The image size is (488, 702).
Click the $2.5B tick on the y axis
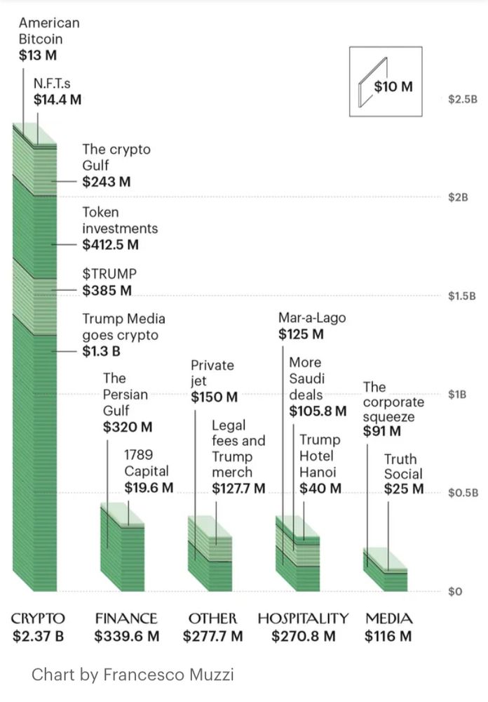[462, 99]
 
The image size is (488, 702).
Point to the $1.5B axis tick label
[462, 296]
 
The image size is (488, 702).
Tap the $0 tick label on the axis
[455, 591]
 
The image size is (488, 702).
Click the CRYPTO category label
[38, 618]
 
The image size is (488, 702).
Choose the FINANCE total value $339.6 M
[127, 637]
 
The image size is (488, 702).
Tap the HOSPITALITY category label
[303, 618]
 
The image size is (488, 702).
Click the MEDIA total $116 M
[388, 637]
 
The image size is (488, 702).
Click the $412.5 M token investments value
[110, 245]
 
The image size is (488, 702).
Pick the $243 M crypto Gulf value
[107, 182]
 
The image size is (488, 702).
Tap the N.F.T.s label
[52, 84]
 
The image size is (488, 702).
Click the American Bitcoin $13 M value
[38, 55]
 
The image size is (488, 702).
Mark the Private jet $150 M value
[214, 397]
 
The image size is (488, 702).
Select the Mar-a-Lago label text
[312, 317]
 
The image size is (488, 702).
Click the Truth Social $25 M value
[403, 489]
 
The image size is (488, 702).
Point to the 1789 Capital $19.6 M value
[149, 487]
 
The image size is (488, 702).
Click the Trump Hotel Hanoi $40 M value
[320, 488]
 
